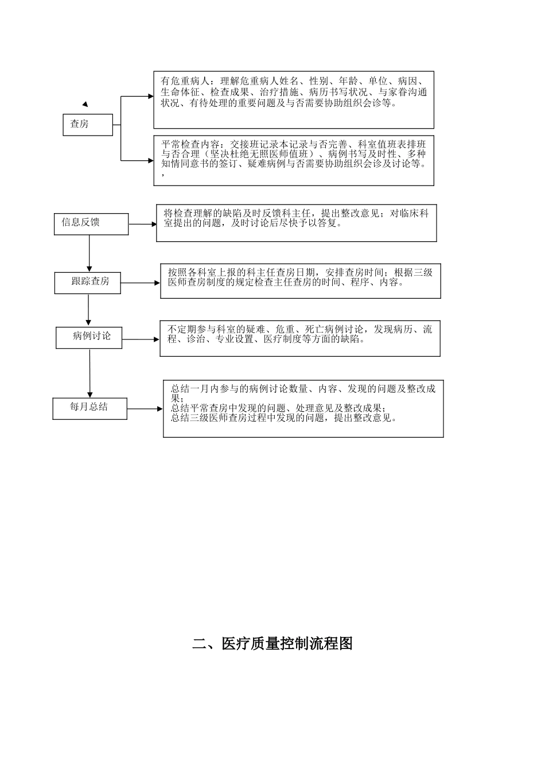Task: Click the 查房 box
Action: coord(88,125)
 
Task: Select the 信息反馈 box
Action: coord(91,224)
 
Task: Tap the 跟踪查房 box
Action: coord(87,283)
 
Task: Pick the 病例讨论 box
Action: coord(89,338)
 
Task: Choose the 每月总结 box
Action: coord(90,409)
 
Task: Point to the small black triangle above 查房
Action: coord(85,104)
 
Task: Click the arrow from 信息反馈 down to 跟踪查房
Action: coord(89,253)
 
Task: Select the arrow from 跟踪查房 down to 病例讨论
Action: coord(88,310)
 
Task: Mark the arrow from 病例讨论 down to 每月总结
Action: coord(90,373)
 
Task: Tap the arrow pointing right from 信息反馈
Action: coord(142,224)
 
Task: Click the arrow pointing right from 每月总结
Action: coord(145,409)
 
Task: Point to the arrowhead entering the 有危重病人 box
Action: coord(151,96)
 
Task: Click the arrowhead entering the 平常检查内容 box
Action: coord(151,160)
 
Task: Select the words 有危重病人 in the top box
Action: coord(185,82)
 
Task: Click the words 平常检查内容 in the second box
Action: coord(190,144)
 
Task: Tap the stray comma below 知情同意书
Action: coord(163,175)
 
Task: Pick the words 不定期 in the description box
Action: coord(182,330)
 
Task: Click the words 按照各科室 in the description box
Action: coord(192,273)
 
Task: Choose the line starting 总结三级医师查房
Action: coord(284,418)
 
